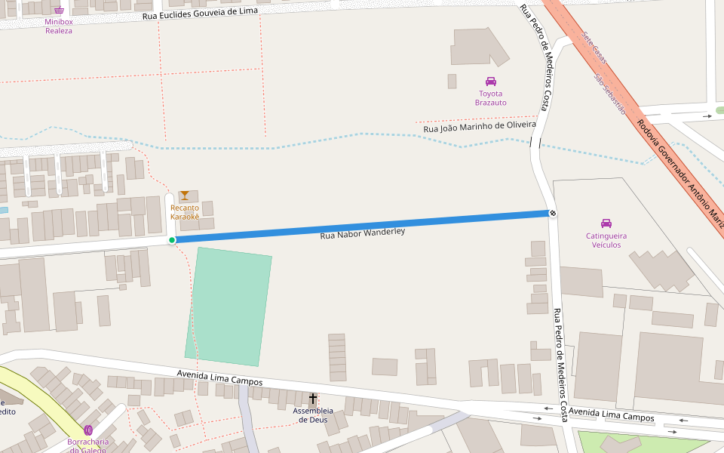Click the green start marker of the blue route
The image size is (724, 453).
(172, 240)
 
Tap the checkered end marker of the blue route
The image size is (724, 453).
(553, 214)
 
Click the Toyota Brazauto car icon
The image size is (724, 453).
(491, 82)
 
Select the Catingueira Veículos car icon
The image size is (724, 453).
(606, 223)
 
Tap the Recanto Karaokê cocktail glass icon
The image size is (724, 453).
(184, 196)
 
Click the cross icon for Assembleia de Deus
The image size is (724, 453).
(313, 398)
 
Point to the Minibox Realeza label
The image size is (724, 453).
(59, 26)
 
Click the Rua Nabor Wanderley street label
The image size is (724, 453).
(363, 233)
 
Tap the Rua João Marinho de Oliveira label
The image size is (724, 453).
(479, 127)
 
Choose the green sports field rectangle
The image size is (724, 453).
(229, 307)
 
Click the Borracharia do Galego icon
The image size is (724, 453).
(88, 430)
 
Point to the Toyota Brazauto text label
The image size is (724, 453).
(491, 98)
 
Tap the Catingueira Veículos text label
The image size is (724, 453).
(606, 240)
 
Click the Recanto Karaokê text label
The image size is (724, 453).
(185, 212)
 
